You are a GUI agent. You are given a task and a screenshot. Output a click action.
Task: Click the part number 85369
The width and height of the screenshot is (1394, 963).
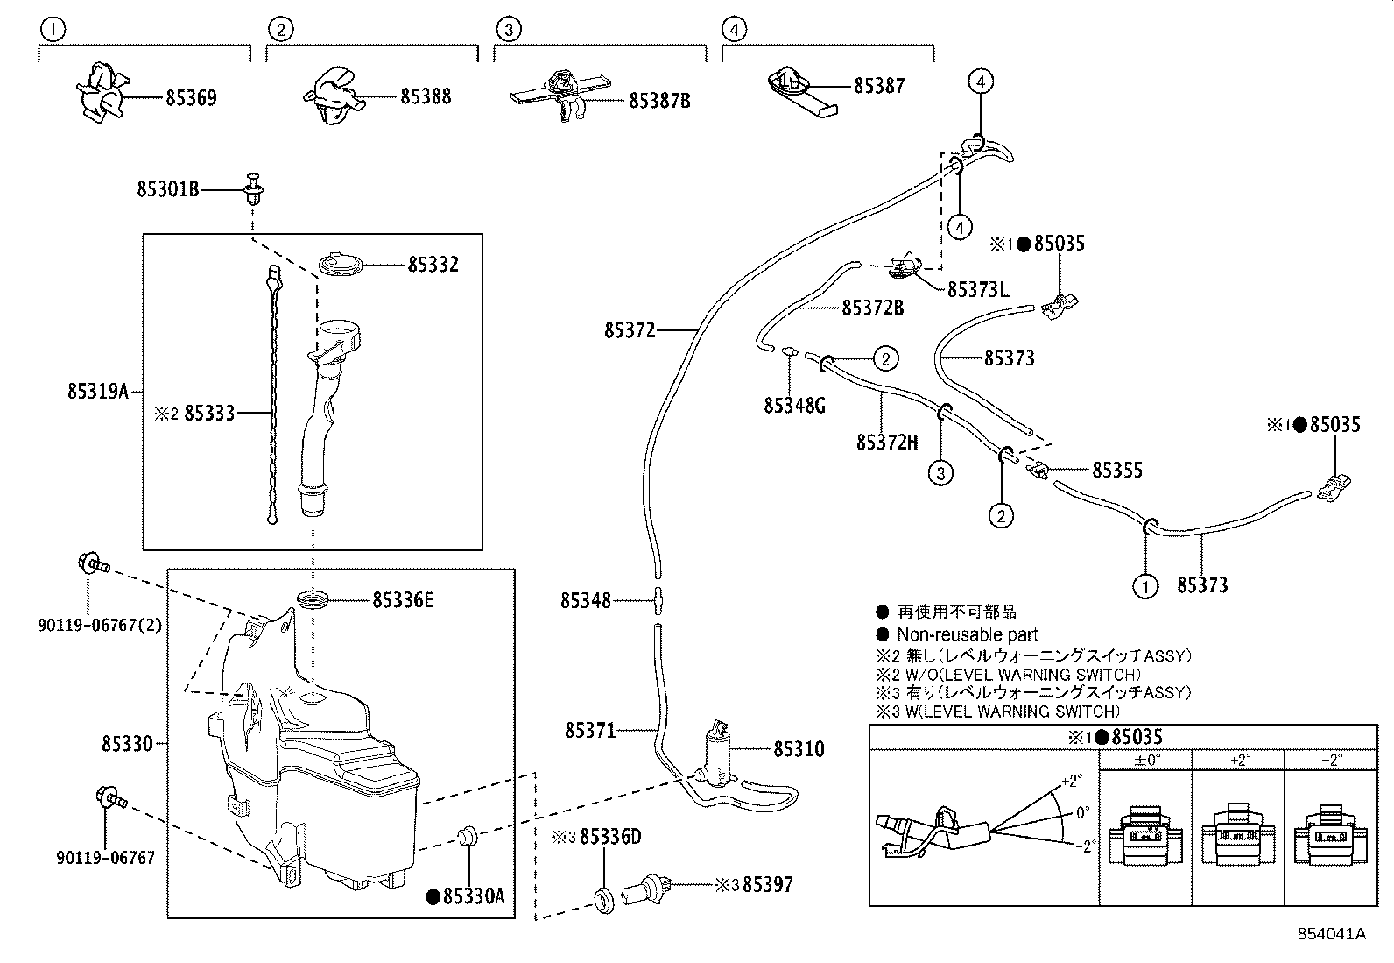coord(191,97)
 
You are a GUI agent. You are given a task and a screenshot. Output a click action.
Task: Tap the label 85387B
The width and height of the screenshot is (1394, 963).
coord(659,101)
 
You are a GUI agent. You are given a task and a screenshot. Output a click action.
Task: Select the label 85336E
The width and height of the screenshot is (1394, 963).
coord(403,600)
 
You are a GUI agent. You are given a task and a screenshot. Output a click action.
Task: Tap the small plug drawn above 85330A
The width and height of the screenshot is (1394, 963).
coord(468,835)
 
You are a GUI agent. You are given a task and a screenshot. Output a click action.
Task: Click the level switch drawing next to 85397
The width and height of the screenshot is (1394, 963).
coord(645,890)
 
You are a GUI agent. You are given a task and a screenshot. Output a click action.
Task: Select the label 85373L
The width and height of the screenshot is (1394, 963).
coord(977,288)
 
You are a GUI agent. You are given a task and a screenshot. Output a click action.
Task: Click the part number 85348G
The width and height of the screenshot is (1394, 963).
coord(794,406)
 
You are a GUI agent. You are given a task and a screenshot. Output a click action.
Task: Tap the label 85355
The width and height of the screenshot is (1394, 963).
coord(1117,470)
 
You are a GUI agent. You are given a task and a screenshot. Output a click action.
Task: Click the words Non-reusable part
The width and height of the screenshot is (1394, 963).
coord(967,634)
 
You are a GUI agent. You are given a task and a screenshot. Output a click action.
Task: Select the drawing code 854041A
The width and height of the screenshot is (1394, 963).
coord(1331,933)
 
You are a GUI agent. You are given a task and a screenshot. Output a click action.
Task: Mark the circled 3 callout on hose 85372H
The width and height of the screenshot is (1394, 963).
coord(940,474)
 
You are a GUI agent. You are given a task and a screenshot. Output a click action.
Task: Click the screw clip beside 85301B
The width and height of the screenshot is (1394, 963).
coord(255,189)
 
